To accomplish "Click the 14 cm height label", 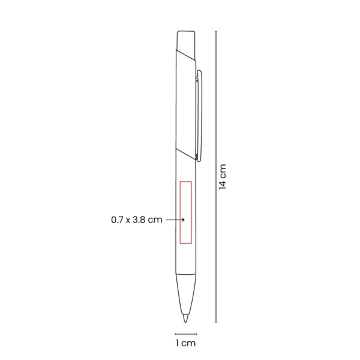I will coord(223,176).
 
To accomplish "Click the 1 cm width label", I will coord(185,343).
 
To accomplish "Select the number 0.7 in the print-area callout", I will coord(118,220).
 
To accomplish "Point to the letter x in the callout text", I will coord(128,221).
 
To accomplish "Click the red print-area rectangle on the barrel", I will coord(185,211).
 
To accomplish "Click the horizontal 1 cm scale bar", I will coord(185,333).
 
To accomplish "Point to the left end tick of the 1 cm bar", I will coord(175,333).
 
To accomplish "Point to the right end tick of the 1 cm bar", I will coord(196,333).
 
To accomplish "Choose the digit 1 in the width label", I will coord(178,343).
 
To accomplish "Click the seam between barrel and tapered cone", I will coord(185,275).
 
